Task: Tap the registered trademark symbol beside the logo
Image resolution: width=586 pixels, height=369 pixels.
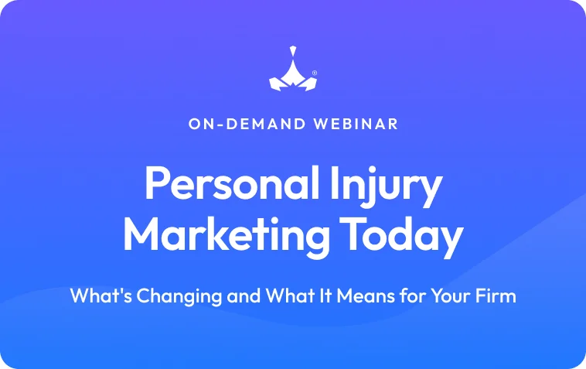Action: click(315, 73)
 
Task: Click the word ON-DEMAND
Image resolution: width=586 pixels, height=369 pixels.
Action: click(247, 124)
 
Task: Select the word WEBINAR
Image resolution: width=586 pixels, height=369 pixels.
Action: click(356, 124)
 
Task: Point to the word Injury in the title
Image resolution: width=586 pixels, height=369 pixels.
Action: click(386, 186)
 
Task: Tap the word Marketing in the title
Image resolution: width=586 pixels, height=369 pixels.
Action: click(226, 235)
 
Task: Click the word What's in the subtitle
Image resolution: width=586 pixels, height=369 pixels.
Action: click(101, 296)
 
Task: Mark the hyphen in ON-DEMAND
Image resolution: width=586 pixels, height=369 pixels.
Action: click(221, 125)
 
